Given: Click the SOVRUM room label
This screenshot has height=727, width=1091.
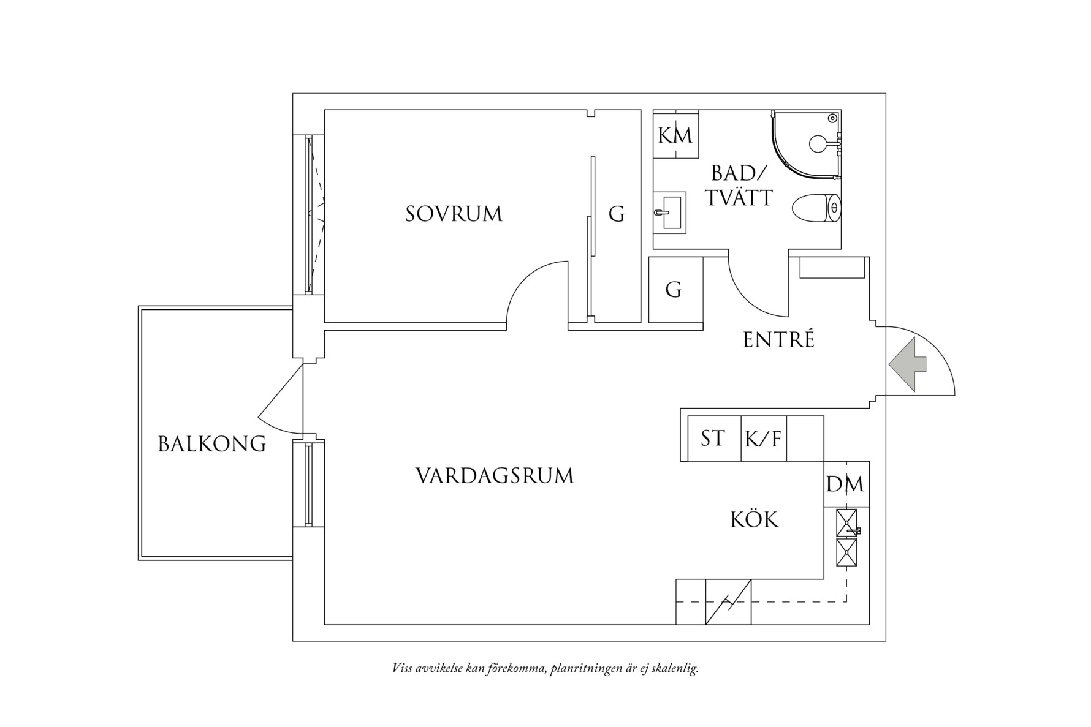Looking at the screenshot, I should point(454,214).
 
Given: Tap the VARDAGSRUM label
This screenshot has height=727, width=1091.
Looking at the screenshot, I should point(495,476).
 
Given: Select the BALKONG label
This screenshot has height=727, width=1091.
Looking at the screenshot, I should point(212,443).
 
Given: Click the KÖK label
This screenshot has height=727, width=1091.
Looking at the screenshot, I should point(755,520).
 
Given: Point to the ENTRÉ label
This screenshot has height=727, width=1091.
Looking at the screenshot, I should point(778,339).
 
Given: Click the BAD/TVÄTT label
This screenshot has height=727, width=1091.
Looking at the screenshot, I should point(739,186).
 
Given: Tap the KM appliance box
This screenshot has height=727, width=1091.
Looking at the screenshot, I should point(675,135).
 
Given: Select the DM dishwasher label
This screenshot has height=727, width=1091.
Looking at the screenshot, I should point(845,484).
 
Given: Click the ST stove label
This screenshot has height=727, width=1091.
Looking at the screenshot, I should point(713,439).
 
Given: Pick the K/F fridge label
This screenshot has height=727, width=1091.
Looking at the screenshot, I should point(763,439).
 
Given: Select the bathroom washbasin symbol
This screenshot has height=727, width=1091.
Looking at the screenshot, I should point(669,213).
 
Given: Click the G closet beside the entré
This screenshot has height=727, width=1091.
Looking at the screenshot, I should point(674,289).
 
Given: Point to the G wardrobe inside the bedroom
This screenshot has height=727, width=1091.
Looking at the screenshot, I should point(617,214).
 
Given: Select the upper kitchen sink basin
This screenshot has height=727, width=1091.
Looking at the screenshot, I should point(848,522).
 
